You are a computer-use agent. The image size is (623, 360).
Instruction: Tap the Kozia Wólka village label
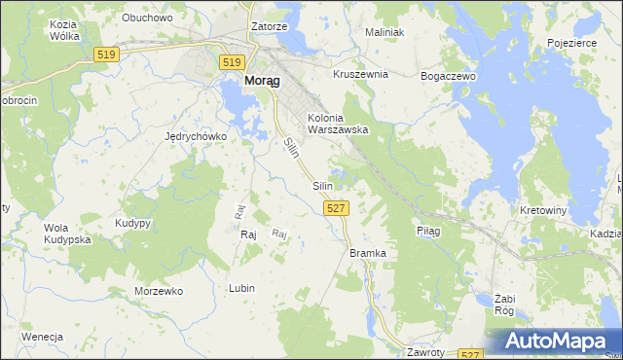pos(63,30)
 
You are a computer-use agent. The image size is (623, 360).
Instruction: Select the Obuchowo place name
pos(147,18)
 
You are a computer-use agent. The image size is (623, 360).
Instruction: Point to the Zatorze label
pos(269,27)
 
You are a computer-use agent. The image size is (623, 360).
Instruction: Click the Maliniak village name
pos(384,32)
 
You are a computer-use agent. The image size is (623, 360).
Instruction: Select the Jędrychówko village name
pos(196,137)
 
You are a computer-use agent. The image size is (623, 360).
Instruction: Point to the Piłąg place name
pos(428,232)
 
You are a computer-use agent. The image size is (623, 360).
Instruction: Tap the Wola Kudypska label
pos(67,234)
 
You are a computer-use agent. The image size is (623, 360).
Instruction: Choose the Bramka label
pos(368,253)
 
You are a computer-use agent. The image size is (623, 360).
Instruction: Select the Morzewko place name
pos(159,291)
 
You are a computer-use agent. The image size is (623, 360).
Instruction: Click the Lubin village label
pos(241,288)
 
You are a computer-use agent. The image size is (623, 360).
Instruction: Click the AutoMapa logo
pos(556,342)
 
